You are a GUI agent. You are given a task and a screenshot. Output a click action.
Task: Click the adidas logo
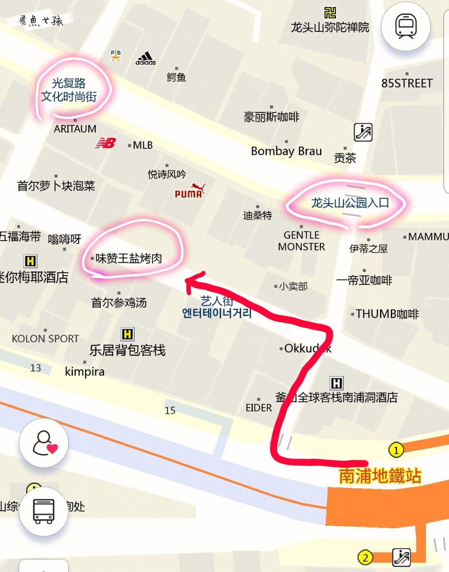click(146, 59)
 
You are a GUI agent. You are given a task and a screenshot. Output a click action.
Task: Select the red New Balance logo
click(106, 143)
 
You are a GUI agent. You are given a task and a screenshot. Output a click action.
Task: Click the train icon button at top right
click(406, 26)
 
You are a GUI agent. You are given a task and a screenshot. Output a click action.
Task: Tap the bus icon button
click(44, 511)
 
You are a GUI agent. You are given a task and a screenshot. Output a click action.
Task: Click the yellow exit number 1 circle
click(396, 450)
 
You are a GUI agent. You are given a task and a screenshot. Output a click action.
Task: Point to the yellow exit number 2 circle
click(365, 558)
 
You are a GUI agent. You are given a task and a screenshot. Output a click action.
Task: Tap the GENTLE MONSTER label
click(302, 241)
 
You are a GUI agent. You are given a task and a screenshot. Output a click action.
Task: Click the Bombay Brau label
click(286, 151)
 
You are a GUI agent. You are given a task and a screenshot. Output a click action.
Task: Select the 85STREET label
click(407, 83)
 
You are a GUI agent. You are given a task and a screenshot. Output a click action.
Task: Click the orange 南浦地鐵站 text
click(380, 476)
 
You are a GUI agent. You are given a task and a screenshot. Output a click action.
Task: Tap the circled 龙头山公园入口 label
click(350, 203)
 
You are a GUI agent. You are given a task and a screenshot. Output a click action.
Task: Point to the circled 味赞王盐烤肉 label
click(129, 258)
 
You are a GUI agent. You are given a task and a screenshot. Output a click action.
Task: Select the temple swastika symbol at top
click(330, 12)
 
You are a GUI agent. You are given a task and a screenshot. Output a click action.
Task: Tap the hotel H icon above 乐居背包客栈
click(127, 334)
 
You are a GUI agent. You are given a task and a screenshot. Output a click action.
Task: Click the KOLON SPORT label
click(45, 339)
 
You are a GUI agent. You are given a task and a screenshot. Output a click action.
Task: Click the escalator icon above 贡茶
click(363, 132)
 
